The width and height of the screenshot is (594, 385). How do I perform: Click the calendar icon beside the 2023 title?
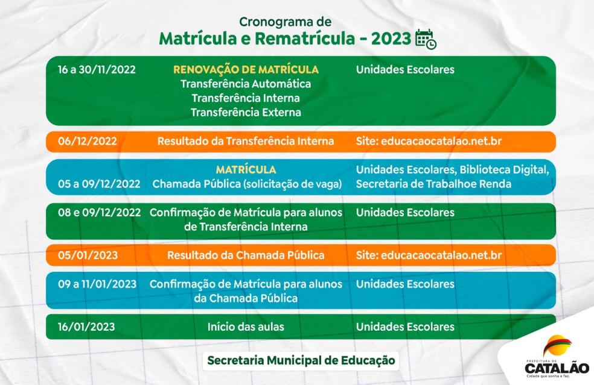tap(426, 39)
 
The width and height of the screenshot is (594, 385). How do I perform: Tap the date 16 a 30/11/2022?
tap(97, 69)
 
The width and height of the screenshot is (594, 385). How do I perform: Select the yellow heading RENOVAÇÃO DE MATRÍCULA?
tap(246, 69)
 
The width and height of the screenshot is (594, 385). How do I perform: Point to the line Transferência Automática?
tap(246, 84)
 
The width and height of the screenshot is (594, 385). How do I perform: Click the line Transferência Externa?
tap(246, 112)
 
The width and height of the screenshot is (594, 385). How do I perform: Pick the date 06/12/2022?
tap(88, 142)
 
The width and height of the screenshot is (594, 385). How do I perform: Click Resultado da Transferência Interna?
tap(246, 142)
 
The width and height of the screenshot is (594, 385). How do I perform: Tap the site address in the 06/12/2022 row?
tap(429, 142)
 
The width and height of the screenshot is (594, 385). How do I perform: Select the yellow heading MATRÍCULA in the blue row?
tap(246, 170)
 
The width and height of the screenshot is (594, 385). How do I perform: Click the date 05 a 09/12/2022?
tap(99, 184)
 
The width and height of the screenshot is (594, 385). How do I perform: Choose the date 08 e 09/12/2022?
tap(99, 213)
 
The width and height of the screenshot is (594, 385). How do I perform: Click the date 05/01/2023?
tap(88, 255)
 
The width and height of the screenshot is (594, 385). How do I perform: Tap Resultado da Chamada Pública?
tap(246, 255)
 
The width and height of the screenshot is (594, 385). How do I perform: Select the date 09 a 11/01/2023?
tap(97, 284)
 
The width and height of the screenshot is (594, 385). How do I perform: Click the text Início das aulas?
tap(246, 327)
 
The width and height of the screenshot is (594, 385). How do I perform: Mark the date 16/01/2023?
tap(86, 327)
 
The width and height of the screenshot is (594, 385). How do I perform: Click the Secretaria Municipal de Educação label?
tap(301, 360)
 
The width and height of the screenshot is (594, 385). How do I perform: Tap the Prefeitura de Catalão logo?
tap(556, 358)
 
